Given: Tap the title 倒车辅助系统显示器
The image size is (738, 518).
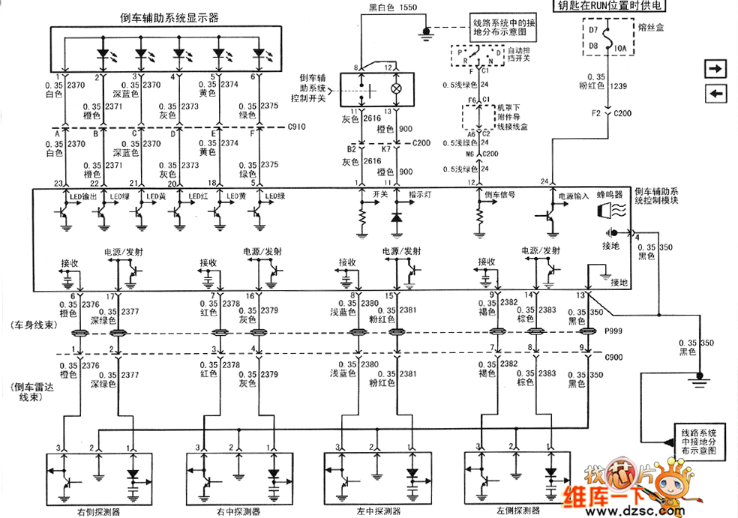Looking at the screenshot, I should click(169, 18).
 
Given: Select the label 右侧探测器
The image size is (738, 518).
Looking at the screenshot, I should click(101, 512).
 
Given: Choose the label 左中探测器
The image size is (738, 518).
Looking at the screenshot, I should click(373, 512).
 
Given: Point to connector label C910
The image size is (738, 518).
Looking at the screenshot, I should click(297, 127).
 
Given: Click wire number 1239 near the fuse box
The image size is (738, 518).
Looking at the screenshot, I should click(619, 87).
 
